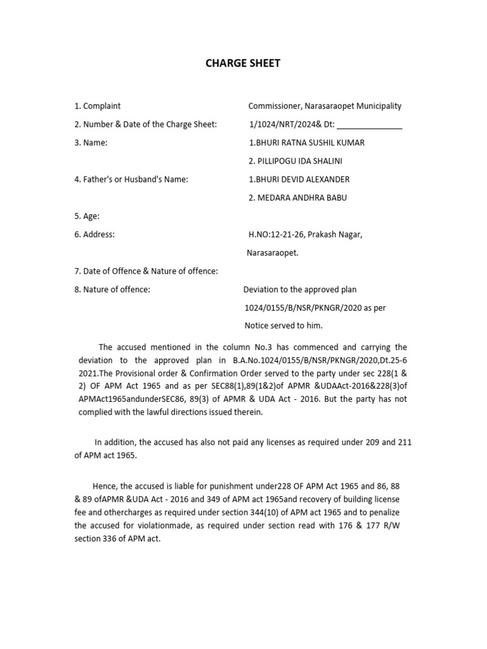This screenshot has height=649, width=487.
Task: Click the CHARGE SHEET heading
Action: click(x=243, y=63)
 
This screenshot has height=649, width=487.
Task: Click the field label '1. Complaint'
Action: click(x=98, y=106)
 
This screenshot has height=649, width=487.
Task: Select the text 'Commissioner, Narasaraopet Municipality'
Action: click(x=325, y=106)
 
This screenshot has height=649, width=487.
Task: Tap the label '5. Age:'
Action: click(x=87, y=216)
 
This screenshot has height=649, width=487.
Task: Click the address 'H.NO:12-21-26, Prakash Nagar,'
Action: click(x=306, y=235)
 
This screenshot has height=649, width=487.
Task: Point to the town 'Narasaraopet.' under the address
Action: click(x=273, y=253)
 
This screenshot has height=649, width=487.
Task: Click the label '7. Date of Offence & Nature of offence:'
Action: click(x=146, y=271)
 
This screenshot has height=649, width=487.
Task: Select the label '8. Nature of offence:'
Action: click(x=112, y=290)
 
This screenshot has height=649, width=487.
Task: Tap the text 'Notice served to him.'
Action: click(x=283, y=326)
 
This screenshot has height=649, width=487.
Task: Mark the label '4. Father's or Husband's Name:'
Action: click(x=131, y=179)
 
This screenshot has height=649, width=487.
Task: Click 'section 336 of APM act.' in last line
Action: click(x=120, y=538)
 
